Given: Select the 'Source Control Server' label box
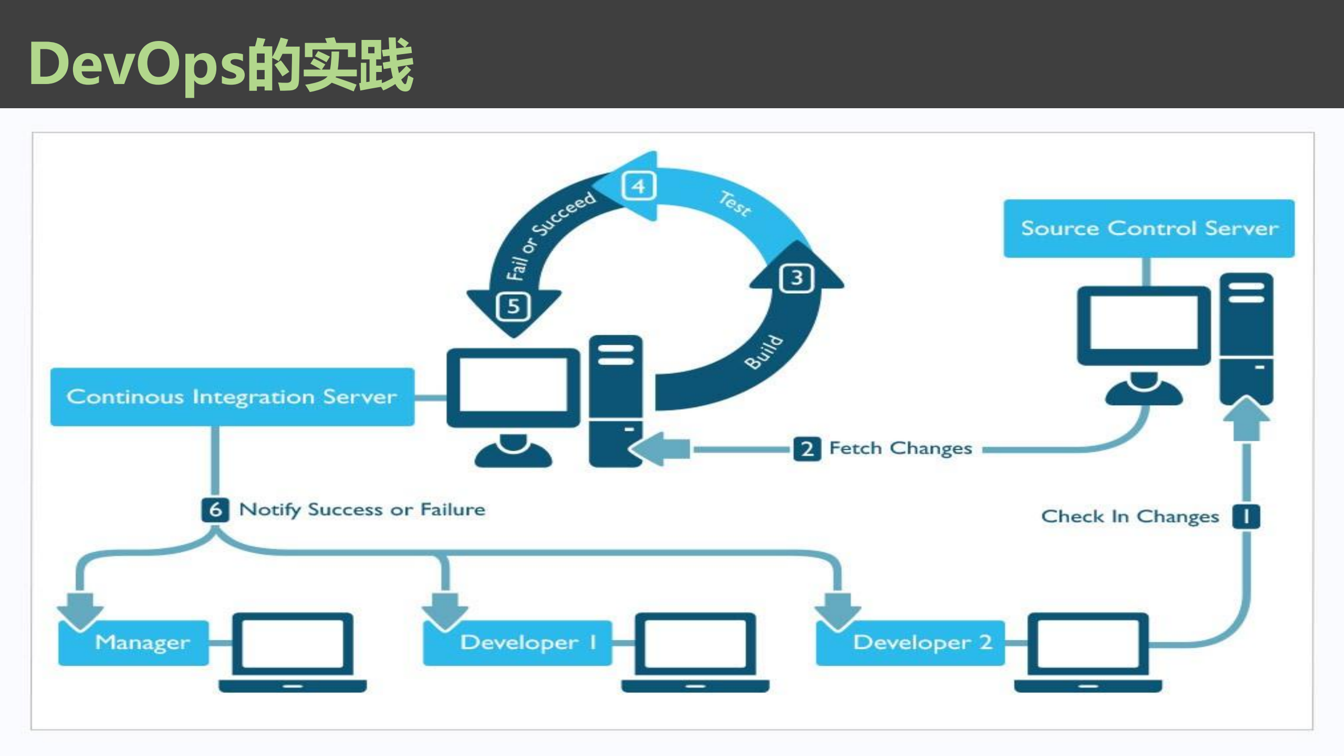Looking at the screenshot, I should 1149,229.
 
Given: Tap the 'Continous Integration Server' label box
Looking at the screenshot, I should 232,397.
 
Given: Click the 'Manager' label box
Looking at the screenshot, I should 134,643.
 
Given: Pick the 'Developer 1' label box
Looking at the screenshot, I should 517,643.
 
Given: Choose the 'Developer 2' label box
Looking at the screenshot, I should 910,643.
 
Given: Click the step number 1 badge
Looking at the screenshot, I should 1246,516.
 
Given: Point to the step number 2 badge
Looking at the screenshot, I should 807,449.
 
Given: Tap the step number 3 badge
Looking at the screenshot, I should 797,278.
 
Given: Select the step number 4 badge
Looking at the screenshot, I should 638,186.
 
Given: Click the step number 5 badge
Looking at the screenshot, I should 513,306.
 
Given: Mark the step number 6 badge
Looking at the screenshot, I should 215,510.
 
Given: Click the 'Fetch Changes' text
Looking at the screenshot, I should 900,449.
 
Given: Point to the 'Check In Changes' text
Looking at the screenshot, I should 1130,516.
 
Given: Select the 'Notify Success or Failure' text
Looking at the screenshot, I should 362,510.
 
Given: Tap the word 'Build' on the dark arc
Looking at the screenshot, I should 764,352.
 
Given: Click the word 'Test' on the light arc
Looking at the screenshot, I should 735,203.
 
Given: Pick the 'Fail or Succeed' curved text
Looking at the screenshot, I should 549,235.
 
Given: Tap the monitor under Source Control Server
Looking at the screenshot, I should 1143,326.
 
